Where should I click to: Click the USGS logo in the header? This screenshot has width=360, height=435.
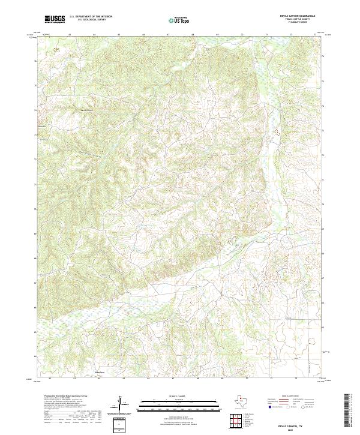55,19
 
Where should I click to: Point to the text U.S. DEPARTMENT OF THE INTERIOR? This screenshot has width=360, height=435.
91,17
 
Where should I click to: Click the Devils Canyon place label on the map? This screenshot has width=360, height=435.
87,110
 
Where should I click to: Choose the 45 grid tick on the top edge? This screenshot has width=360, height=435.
119,34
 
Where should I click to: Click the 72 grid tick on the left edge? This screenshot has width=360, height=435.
35,160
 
